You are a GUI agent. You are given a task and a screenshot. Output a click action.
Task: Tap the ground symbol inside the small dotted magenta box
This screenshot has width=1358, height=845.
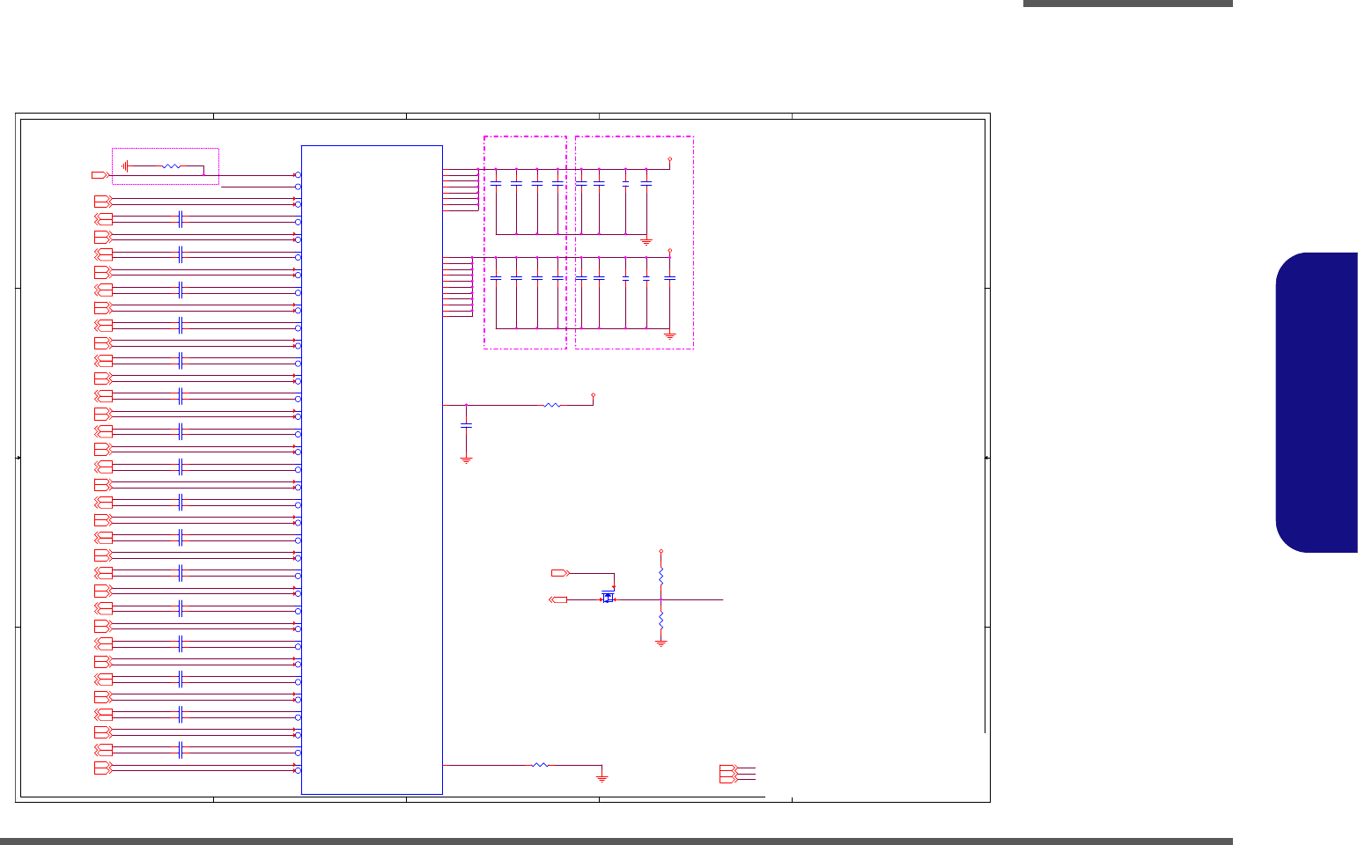point(126,165)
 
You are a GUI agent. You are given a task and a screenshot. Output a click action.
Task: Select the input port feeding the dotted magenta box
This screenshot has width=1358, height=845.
point(99,175)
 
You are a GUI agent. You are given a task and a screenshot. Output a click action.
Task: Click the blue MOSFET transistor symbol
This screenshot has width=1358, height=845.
point(608,597)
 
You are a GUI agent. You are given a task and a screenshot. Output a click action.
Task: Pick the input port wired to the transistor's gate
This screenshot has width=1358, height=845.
point(559,573)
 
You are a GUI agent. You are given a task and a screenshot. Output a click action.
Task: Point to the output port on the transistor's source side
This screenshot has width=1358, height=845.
point(557,599)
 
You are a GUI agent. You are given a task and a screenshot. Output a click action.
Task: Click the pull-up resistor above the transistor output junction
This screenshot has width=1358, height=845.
point(661,575)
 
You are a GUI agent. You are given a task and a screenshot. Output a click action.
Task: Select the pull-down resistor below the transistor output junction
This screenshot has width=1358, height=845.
point(661,621)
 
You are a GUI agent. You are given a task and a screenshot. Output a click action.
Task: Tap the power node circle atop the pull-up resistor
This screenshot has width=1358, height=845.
point(661,552)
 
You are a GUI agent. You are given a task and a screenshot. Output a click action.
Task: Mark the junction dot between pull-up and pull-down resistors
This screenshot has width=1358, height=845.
point(661,599)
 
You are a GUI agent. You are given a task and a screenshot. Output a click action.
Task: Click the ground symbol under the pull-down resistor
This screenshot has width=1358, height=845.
point(661,643)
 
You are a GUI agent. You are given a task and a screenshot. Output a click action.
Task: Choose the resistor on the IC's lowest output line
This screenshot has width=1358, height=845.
point(540,766)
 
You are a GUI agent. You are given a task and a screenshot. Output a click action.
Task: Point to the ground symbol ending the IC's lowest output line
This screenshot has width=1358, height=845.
point(602,777)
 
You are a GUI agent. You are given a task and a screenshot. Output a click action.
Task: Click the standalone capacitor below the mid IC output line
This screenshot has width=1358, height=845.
point(466,425)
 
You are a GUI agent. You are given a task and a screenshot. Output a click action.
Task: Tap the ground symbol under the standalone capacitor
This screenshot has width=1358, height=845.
point(466,459)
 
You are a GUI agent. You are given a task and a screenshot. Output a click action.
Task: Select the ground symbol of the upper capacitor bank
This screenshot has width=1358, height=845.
point(646,240)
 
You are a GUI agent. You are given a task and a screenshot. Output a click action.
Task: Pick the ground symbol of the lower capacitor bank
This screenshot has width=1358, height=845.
point(669,335)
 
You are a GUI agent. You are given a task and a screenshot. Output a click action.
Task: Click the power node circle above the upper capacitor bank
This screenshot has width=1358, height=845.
point(670,160)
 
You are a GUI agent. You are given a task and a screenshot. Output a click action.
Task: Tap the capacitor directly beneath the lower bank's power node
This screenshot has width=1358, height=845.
point(669,278)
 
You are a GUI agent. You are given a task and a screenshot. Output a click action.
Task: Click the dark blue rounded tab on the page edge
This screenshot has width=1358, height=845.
point(1317,402)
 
